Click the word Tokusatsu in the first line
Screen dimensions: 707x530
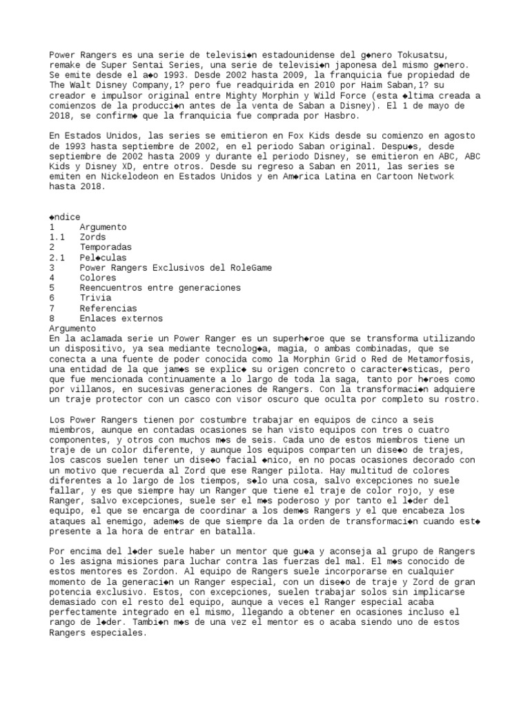pos(424,54)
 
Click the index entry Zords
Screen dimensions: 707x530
pos(92,237)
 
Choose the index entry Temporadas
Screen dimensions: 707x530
pos(105,247)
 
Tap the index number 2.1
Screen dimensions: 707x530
pos(57,258)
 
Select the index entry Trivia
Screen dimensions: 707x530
pos(95,298)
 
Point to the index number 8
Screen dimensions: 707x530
pos(52,318)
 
